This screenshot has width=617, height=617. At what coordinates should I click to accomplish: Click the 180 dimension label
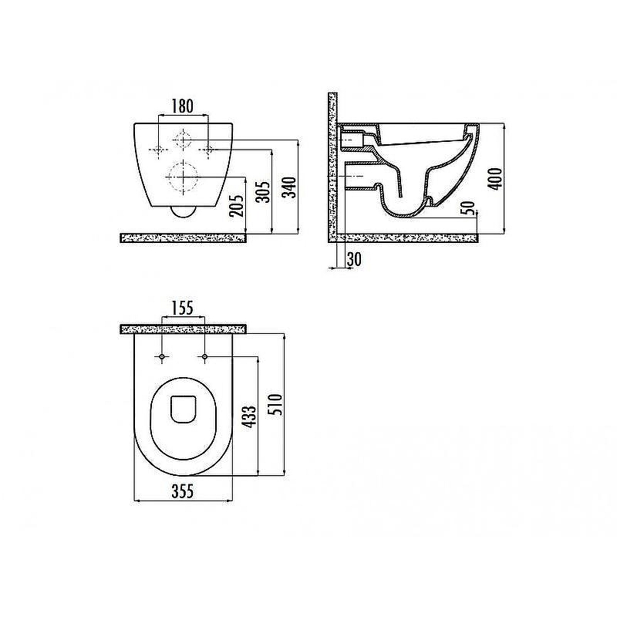click(x=183, y=106)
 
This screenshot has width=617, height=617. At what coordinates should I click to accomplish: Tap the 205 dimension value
click(x=237, y=206)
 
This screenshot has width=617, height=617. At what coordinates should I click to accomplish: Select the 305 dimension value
click(x=263, y=191)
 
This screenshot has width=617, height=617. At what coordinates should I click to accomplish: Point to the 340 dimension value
click(x=290, y=187)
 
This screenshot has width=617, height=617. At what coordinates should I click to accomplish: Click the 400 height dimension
click(x=495, y=179)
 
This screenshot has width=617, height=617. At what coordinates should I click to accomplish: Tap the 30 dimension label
click(x=354, y=259)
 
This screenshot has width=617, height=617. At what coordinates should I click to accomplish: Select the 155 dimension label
click(x=183, y=308)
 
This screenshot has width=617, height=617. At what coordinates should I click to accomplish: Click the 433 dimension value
click(x=250, y=415)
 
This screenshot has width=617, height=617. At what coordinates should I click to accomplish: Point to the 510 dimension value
click(x=276, y=404)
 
